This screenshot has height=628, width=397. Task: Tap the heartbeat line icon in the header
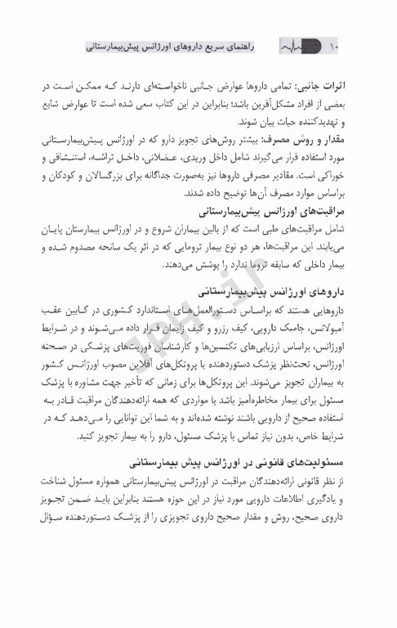tap(297, 48)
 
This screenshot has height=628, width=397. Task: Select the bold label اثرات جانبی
tap(342, 85)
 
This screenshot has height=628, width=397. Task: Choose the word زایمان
tap(201, 329)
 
